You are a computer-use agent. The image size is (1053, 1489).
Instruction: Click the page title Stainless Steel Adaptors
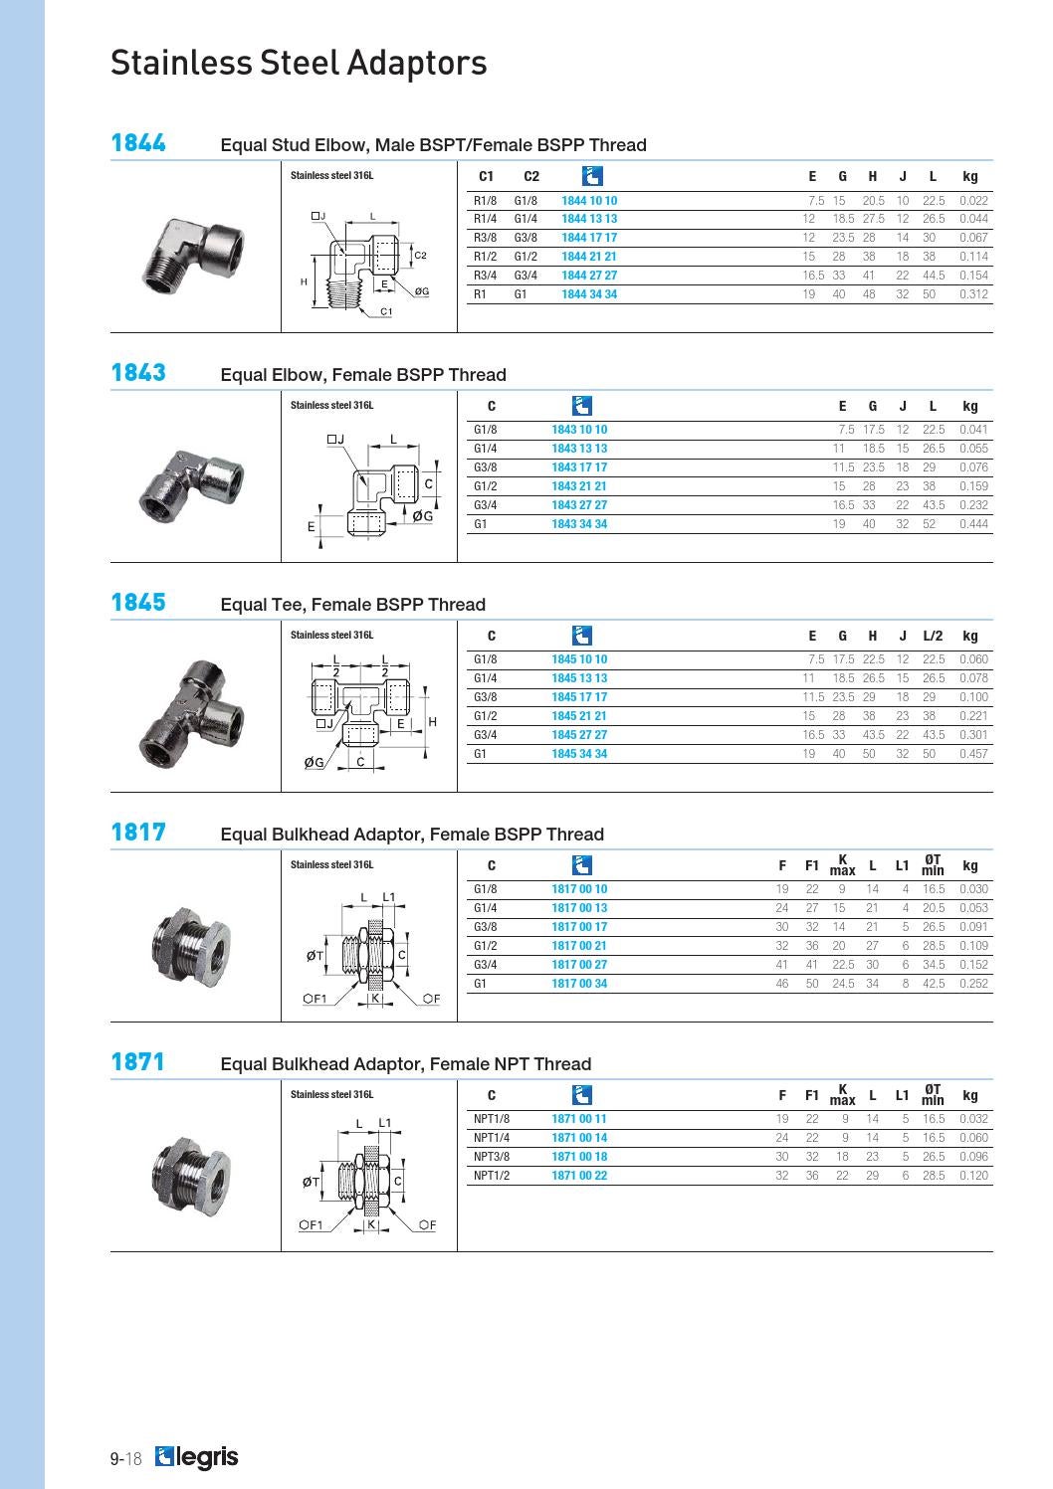(x=299, y=63)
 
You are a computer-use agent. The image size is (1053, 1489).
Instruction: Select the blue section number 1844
(x=138, y=143)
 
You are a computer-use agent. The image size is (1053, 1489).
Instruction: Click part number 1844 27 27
(x=588, y=276)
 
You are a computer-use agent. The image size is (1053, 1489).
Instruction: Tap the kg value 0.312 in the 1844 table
(x=973, y=294)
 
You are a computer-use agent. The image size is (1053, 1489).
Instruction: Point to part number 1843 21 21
(x=578, y=486)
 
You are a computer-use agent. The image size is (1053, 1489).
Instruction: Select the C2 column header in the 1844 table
(x=531, y=176)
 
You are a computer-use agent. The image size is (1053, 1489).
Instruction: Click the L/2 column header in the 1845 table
(x=933, y=636)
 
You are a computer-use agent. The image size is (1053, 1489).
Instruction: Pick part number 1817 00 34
(x=578, y=984)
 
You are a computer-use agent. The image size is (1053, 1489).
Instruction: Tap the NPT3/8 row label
(x=491, y=1157)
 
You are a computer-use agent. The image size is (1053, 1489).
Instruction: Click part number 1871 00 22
(x=578, y=1176)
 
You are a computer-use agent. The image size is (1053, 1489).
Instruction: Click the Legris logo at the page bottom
(x=197, y=1458)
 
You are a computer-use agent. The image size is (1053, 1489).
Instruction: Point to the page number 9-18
(x=126, y=1459)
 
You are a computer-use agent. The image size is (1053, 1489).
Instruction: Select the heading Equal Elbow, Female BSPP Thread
(x=363, y=375)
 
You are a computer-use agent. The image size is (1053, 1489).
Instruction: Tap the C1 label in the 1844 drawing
(x=386, y=311)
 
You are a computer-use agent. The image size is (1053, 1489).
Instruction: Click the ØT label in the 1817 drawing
(x=315, y=956)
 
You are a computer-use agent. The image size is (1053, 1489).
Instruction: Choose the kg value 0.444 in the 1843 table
(x=973, y=524)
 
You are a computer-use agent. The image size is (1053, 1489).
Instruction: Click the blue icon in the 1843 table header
(x=582, y=406)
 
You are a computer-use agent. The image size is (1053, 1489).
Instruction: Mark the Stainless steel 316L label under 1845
(x=331, y=635)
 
